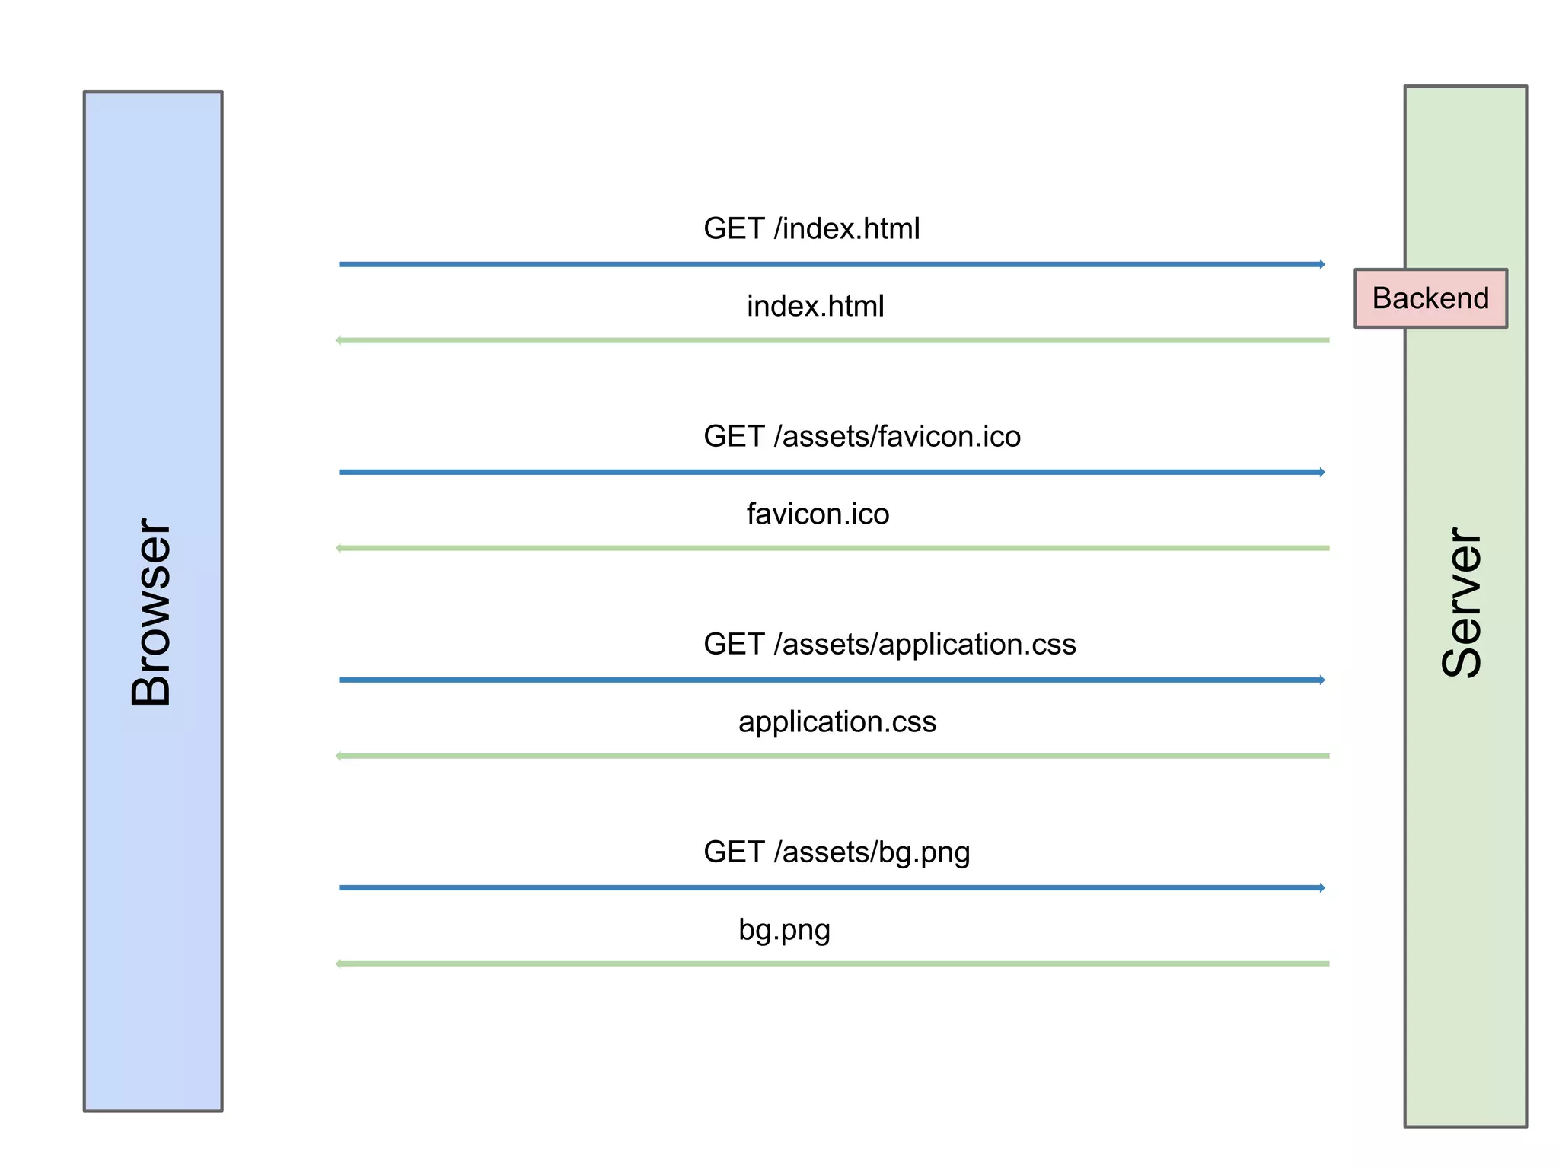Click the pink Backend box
point(1430,298)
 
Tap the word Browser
point(151,612)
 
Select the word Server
point(1462,602)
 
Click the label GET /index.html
point(811,228)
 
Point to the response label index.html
point(815,306)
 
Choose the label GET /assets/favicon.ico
point(862,436)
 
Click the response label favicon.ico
point(818,514)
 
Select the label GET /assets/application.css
point(889,644)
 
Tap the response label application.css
point(837,721)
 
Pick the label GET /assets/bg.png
point(837,852)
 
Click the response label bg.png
point(784,929)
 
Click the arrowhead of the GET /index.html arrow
point(1322,264)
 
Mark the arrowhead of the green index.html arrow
point(339,340)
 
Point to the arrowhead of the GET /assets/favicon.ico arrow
point(1322,472)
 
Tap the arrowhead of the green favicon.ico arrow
point(339,548)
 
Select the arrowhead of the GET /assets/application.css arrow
point(1322,680)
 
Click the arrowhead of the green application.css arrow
point(339,756)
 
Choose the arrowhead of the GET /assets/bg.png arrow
point(1322,887)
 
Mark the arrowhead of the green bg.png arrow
point(339,964)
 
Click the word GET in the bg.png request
point(734,852)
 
